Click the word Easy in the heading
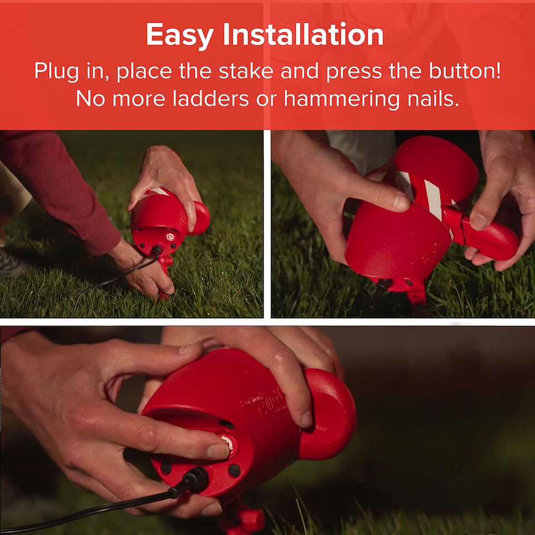point(180,36)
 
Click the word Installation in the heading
point(303,34)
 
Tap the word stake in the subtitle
point(246,71)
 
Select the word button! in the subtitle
point(465,71)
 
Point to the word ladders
point(211,99)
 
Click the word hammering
point(342,100)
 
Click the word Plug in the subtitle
point(57,72)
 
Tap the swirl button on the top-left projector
point(170,236)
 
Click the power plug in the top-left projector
point(157,251)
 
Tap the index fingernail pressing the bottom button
point(218,451)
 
